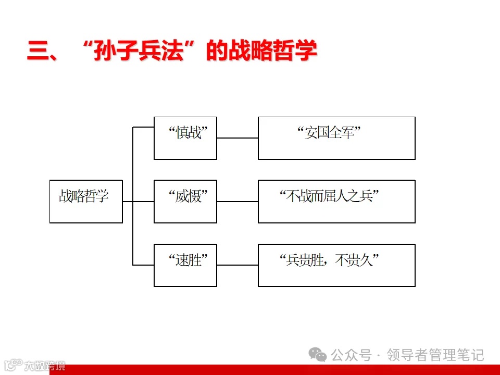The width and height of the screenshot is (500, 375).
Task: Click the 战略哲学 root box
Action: tap(86, 202)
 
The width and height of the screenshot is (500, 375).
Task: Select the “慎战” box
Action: tap(185, 138)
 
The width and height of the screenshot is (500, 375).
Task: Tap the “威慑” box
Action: tap(185, 202)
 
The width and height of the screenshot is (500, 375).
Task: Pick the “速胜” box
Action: tap(185, 265)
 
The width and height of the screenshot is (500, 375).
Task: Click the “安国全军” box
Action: tap(336, 138)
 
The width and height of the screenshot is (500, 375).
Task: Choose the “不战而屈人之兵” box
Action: tap(336, 202)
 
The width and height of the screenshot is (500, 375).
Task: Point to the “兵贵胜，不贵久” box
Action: tap(336, 265)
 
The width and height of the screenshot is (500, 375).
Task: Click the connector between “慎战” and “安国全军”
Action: tap(238, 138)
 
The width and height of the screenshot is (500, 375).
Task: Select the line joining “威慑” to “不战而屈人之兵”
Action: tap(238, 202)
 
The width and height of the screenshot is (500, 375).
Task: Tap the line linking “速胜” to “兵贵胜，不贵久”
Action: tap(238, 265)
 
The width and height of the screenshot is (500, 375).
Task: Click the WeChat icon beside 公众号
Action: tap(317, 355)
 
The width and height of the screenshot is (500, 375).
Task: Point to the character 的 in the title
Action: tap(217, 53)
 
